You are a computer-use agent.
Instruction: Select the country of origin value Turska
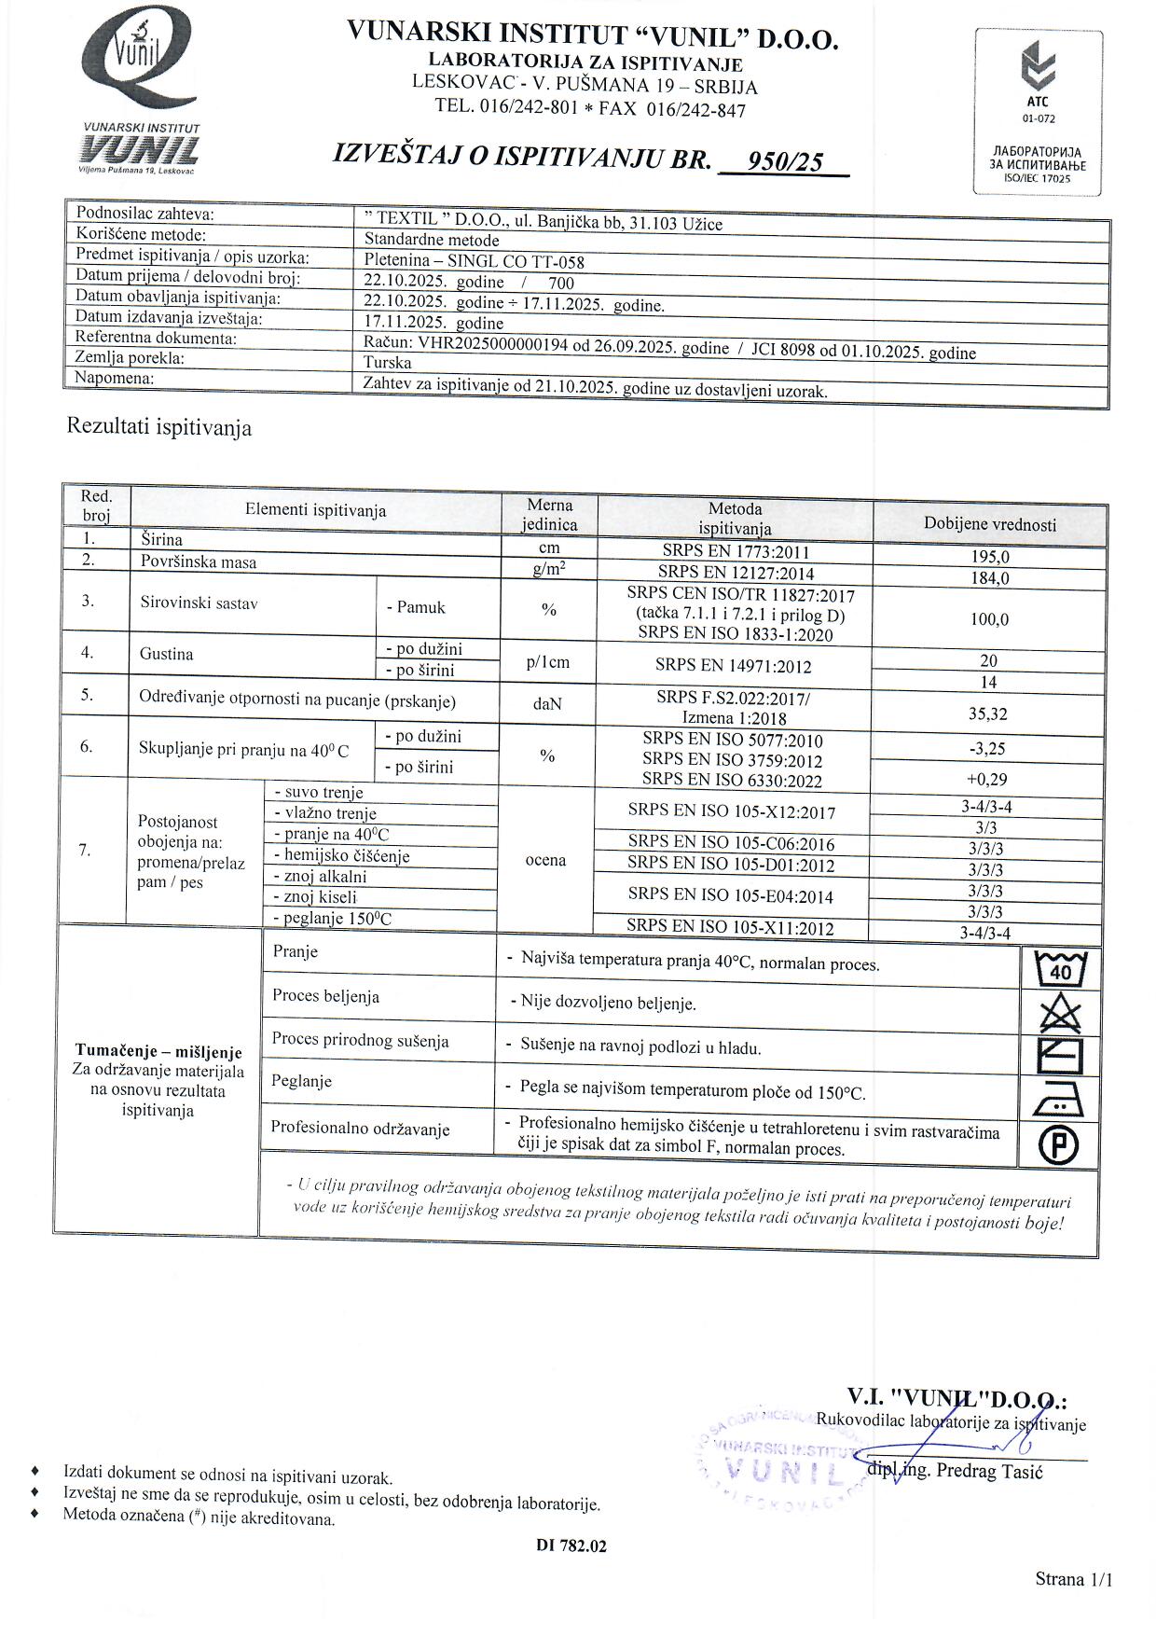[388, 363]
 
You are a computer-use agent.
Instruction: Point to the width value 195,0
[990, 557]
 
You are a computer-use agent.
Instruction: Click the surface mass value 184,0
[990, 578]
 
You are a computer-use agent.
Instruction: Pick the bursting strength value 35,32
[989, 714]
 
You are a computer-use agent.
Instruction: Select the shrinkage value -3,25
[988, 748]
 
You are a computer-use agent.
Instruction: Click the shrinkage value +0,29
[987, 779]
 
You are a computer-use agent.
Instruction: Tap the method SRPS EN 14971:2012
[733, 666]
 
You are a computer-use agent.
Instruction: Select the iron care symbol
[1059, 1102]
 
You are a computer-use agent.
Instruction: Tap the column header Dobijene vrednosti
[990, 524]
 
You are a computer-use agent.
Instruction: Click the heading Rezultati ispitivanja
[159, 428]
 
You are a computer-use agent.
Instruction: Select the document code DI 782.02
[571, 1545]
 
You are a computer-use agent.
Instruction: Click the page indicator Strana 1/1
[1074, 1579]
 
